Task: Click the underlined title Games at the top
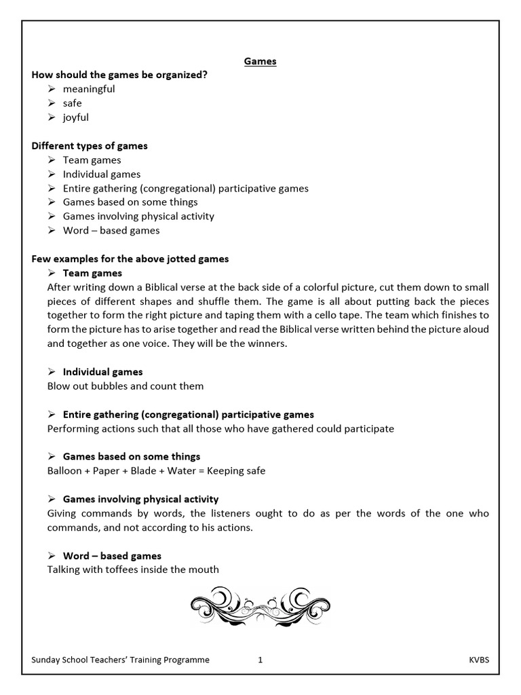(260, 61)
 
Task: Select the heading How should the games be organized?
(119, 75)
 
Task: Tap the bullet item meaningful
(89, 89)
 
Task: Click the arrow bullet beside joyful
(52, 117)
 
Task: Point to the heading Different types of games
(90, 146)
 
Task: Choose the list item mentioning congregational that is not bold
(185, 188)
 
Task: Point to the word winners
(267, 343)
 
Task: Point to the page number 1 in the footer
(260, 659)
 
